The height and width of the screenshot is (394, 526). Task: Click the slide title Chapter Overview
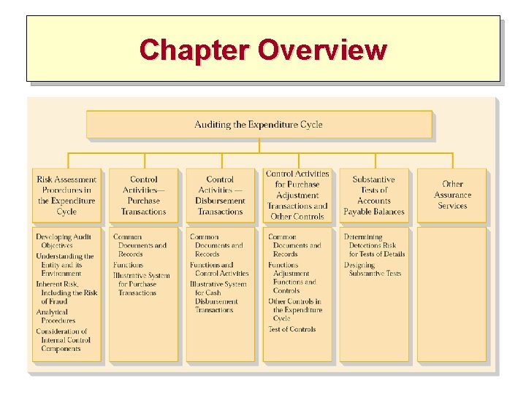263,50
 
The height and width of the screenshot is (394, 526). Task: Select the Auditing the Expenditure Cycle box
259,125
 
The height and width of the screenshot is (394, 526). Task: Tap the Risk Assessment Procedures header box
66,196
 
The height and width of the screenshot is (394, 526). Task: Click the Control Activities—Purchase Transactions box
143,196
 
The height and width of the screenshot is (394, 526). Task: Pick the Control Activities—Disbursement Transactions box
220,196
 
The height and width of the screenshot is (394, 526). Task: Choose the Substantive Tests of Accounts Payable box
374,196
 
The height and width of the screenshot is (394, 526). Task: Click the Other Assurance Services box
452,195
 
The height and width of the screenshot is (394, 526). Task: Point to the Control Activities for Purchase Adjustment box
297,195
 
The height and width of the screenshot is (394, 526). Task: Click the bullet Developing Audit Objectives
64,242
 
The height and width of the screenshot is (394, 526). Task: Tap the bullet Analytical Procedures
58,316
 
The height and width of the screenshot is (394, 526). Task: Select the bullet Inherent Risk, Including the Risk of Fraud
66,293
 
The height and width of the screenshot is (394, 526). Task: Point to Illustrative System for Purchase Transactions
141,284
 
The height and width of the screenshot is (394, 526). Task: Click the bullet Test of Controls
292,329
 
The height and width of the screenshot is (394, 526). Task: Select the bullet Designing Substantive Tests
373,269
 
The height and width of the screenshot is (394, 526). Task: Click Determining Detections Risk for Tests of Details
374,245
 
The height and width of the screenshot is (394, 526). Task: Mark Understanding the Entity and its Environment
65,265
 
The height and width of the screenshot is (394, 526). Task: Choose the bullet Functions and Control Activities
219,269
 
